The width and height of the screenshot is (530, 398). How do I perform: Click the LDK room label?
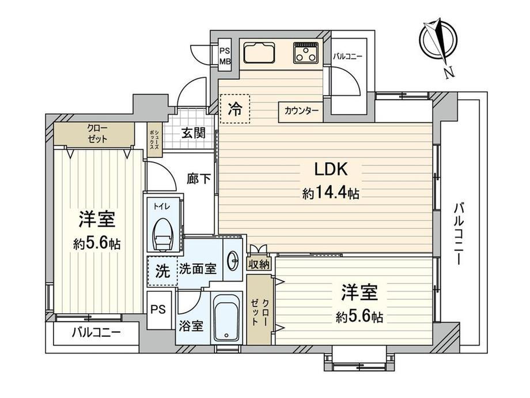point(331,169)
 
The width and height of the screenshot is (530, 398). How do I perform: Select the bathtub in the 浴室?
point(227,317)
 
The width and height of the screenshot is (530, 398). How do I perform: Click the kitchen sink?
point(259,53)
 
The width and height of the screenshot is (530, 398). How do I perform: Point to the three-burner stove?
point(305,53)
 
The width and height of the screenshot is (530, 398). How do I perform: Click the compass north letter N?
point(449,73)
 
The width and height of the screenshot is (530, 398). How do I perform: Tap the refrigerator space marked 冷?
point(234,109)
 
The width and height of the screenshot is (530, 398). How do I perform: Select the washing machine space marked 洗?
point(163,271)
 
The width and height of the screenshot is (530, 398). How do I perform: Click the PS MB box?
point(225,56)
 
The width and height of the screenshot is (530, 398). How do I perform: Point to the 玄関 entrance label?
point(194,133)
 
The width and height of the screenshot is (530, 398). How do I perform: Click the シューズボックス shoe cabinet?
point(154,140)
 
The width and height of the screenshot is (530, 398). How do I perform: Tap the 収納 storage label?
point(259,264)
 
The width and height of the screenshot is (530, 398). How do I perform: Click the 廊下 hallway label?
point(199,179)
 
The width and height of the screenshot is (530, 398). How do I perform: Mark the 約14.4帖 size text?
point(331,194)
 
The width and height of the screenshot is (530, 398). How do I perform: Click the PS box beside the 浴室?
point(158,310)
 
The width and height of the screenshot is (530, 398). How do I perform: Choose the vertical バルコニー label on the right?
point(459,234)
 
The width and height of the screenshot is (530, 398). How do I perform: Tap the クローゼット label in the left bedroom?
point(97,134)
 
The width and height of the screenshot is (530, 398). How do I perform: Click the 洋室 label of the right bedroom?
point(359,293)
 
